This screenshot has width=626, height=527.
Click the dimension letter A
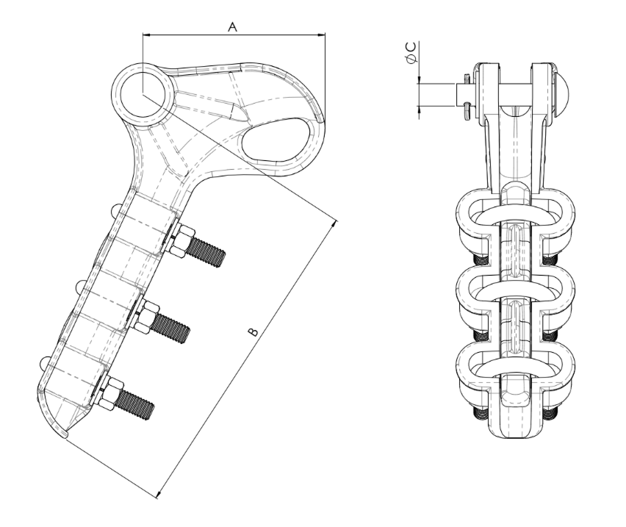point(232,27)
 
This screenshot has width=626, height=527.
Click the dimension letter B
point(253,331)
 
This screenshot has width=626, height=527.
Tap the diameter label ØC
point(411,52)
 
